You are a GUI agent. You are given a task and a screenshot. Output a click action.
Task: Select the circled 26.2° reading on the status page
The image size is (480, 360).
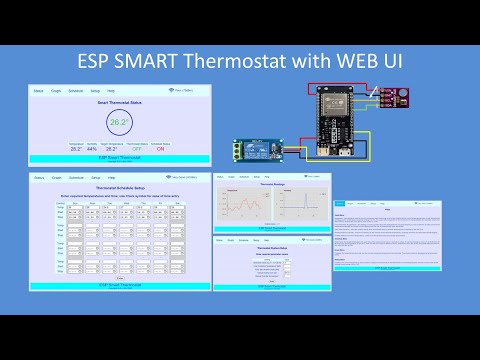pos(120,124)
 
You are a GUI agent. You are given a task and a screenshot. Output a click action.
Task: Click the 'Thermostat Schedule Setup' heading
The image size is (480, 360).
pos(120,188)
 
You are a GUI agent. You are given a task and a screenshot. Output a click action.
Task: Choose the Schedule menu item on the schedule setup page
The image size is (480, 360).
pos(76,178)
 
